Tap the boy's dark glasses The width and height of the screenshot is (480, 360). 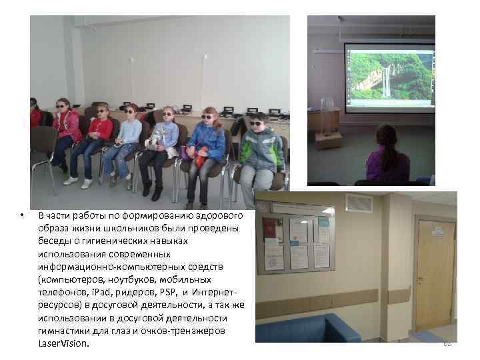(255, 122)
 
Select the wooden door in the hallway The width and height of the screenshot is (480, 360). (435, 274)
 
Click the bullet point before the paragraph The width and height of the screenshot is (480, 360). (22, 215)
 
